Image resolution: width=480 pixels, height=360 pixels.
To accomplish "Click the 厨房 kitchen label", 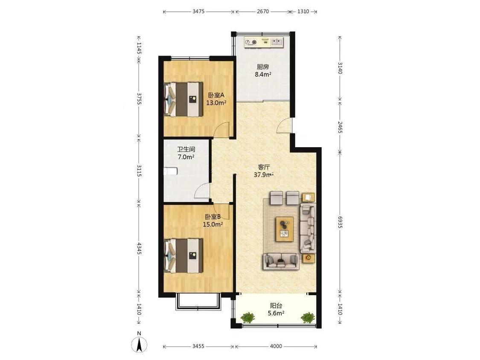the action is tap(263, 67).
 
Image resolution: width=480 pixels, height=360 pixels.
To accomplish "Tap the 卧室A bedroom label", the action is tap(216, 95).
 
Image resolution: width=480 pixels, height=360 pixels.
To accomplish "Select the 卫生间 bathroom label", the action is tap(186, 150).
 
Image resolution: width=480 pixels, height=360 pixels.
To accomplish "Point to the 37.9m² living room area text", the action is tap(263, 175).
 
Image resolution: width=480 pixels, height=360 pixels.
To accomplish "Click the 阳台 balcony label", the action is tap(276, 305).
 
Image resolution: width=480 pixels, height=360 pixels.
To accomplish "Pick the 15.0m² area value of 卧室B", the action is tap(213, 224).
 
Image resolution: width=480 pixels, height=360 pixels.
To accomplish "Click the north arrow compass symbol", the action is tap(139, 343).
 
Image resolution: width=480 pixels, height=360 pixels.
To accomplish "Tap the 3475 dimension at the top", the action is tap(198, 12).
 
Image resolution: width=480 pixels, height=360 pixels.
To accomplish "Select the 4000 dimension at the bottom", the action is tap(276, 346).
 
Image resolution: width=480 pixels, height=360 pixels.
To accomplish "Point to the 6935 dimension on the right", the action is tap(340, 222).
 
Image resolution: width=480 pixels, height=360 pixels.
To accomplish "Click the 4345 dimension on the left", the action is tap(139, 249).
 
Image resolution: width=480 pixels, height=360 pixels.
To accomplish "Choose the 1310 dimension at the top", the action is tap(303, 12).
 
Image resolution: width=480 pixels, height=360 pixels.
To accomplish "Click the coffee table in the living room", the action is tap(285, 229).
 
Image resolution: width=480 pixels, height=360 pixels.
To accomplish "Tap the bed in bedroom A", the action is tap(183, 99).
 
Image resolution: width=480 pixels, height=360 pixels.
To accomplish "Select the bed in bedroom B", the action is tap(183, 255).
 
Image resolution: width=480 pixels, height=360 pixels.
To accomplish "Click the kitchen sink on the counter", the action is tap(276, 42).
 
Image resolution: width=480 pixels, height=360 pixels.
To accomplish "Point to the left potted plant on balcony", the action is tap(247, 317).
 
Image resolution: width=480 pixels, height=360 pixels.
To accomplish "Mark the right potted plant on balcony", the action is tap(308, 317).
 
